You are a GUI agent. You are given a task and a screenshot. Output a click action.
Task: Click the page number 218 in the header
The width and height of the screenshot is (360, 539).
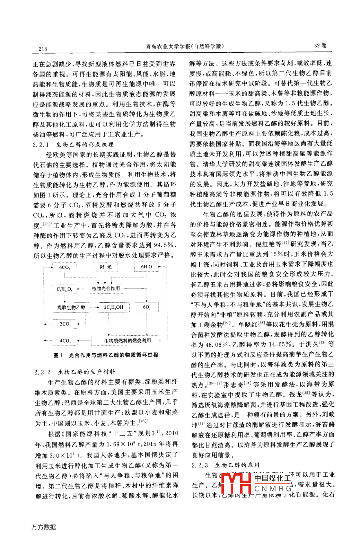[43, 49]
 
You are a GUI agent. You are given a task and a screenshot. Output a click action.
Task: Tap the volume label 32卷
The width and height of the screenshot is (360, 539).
[320, 46]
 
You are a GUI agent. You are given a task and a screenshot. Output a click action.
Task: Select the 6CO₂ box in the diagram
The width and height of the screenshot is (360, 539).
[64, 267]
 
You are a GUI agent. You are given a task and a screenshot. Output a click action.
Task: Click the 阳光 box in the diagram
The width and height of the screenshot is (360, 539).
[106, 267]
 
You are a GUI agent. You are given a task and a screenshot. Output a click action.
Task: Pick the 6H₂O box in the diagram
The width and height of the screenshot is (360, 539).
[147, 267]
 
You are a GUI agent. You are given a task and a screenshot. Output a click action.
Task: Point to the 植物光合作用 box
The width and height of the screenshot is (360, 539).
[106, 288]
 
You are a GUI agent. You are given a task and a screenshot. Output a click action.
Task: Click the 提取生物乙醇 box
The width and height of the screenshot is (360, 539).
[71, 307]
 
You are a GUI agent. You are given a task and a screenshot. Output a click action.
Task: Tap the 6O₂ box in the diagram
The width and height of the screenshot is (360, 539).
[147, 307]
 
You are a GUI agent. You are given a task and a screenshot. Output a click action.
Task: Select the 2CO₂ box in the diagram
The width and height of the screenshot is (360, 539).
[65, 324]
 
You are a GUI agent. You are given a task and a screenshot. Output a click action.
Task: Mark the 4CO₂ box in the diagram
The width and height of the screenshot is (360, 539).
[65, 341]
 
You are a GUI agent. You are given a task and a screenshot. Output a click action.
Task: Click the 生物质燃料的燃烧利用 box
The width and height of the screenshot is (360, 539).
[128, 341]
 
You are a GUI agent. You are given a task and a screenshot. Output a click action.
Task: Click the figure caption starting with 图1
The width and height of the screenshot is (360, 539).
[106, 355]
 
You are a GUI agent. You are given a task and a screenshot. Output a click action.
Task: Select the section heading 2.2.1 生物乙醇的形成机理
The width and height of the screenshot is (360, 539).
[73, 144]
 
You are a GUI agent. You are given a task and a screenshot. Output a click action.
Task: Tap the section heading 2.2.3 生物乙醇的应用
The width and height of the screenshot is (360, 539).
[226, 465]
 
